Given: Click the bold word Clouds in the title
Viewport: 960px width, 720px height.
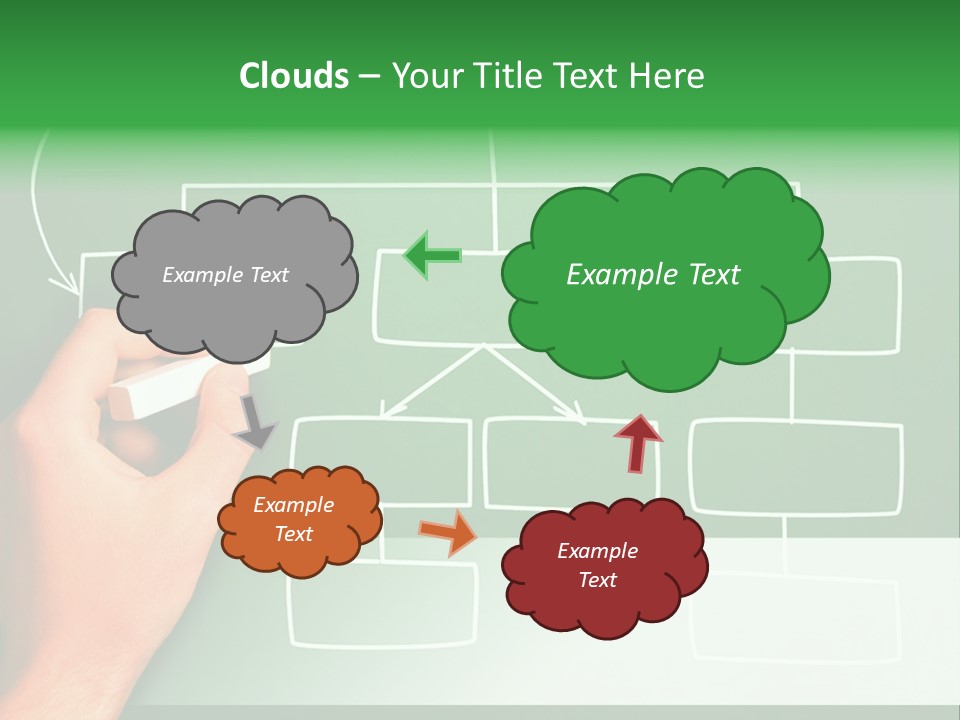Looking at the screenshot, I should [x=293, y=76].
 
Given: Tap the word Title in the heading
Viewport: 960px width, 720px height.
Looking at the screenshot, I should [x=509, y=76].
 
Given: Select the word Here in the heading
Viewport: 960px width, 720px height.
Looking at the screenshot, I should [x=667, y=76].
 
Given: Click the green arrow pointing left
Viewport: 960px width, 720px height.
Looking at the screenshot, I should [x=432, y=256].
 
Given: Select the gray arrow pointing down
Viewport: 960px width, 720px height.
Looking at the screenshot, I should [x=254, y=421].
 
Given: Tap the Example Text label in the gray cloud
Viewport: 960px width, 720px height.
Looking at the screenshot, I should [x=225, y=275].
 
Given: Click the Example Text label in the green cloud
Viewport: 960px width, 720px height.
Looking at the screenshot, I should [x=653, y=275].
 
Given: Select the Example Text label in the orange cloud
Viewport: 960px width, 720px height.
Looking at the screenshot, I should [x=293, y=519].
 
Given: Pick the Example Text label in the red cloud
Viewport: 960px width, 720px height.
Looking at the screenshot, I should [x=597, y=565].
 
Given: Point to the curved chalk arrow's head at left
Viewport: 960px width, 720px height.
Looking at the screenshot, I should [x=70, y=284].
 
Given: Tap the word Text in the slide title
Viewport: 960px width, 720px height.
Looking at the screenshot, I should [x=590, y=76].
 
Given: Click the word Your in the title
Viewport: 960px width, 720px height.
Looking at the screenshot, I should [x=426, y=76].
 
